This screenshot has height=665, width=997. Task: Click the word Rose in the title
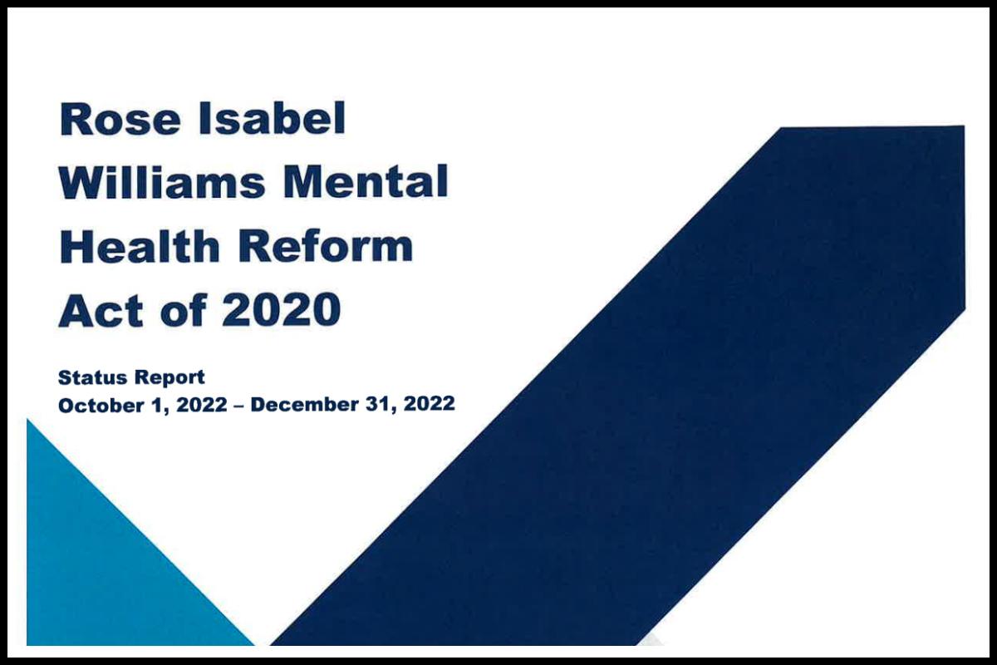120,119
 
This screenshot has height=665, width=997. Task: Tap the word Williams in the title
161,181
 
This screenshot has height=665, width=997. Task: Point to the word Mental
366,181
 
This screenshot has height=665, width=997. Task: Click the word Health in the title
140,245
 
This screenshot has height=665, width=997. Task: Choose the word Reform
326,246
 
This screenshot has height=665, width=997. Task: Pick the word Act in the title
101,309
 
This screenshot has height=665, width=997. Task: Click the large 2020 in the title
282,309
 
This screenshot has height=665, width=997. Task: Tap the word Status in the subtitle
92,377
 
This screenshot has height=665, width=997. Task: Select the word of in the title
184,309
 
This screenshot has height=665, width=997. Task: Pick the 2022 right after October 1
202,405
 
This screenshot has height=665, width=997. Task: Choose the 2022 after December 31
429,405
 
